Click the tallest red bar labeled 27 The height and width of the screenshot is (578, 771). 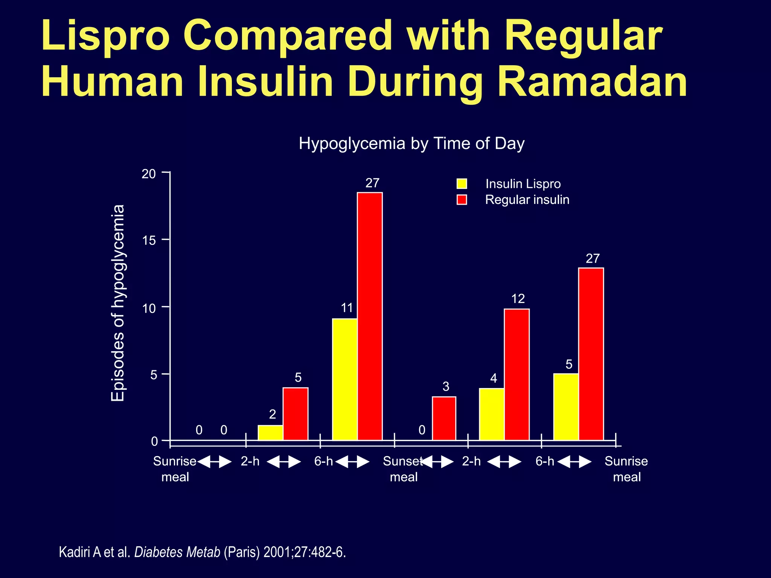370,316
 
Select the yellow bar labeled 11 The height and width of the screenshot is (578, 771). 345,379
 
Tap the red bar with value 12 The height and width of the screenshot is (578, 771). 517,374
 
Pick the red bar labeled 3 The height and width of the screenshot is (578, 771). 444,418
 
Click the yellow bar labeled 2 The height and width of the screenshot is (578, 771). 270,432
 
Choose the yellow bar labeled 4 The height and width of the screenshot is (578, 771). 492,414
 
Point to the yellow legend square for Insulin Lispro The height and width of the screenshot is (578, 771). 462,184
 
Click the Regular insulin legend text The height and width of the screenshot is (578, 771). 527,199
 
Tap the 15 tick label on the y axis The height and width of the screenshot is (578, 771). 149,240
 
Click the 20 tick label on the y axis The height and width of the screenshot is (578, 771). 149,174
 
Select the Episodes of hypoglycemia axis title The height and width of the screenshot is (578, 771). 118,303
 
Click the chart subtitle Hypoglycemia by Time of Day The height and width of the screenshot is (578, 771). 411,143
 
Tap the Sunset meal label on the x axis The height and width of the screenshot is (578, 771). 403,469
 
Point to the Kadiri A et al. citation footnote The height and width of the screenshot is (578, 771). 202,552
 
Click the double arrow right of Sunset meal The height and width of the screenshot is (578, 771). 438,461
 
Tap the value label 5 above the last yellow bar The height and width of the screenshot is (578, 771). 569,364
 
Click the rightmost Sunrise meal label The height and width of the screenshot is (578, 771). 626,469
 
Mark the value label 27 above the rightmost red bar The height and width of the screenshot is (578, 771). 593,259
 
